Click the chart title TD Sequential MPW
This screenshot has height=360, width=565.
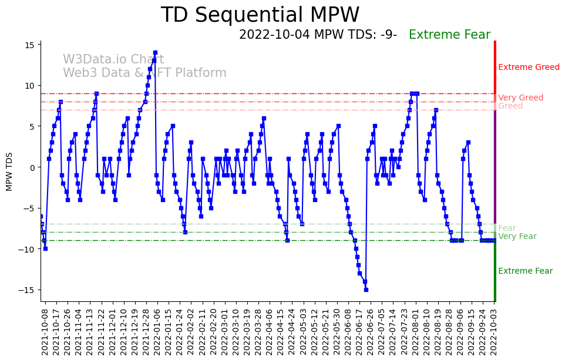pyautogui.click(x=260, y=15)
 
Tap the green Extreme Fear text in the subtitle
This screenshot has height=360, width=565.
pyautogui.click(x=449, y=35)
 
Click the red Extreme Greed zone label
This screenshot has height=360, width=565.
pyautogui.click(x=529, y=68)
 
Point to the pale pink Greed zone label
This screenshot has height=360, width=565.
pyautogui.click(x=510, y=106)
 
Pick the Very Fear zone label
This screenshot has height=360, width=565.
pyautogui.click(x=517, y=237)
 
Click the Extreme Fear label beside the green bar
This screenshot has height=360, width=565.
pyautogui.click(x=525, y=271)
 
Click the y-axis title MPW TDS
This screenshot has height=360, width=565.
pyautogui.click(x=9, y=171)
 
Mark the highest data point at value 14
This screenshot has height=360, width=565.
pyautogui.click(x=155, y=53)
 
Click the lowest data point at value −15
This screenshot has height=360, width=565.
pyautogui.click(x=366, y=290)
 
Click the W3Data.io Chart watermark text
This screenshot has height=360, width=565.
pyautogui.click(x=113, y=60)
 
